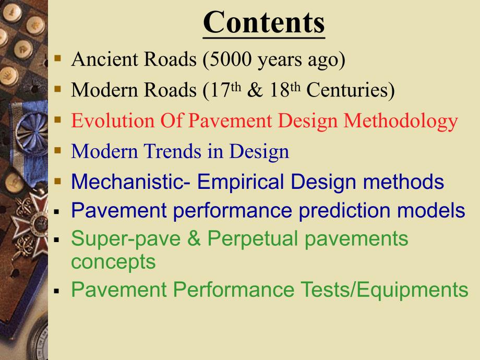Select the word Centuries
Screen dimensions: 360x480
coord(350,90)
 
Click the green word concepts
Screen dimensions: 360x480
coord(113,261)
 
